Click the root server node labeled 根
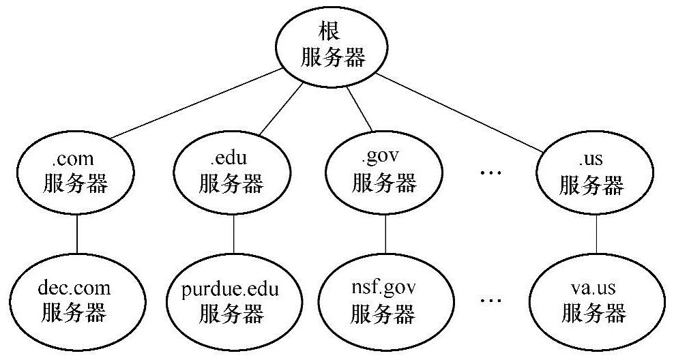point(333,46)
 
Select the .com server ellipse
point(75,174)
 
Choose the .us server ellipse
point(591,174)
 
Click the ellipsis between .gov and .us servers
point(490,174)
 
